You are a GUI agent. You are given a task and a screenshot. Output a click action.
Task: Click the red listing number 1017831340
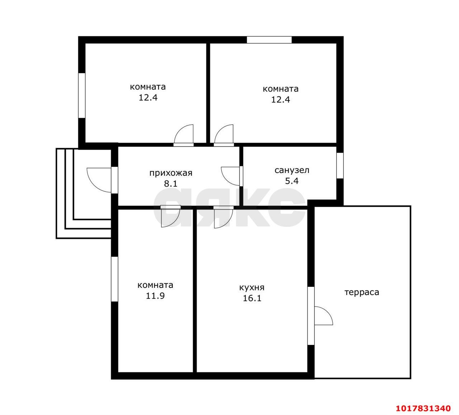point(423,408)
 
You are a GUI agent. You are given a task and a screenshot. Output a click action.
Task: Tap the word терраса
point(361,292)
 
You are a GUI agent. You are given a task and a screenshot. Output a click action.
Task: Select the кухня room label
point(252,288)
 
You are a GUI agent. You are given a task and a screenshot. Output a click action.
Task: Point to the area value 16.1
point(252,298)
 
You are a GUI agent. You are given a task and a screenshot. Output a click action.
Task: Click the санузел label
point(292,170)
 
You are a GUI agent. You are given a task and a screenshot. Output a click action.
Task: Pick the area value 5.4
point(292,181)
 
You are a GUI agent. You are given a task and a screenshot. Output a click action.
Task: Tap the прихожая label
point(171,173)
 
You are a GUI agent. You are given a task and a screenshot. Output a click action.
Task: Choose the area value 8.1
point(171,184)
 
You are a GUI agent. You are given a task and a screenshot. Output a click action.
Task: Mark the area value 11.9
point(155,296)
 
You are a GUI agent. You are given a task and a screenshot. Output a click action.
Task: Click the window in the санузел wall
point(340,165)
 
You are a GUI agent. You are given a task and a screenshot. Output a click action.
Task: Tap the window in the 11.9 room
point(114,279)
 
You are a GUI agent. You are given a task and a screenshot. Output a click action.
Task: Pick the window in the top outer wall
point(269,39)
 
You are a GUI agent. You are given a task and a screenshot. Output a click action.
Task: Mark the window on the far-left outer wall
point(82,96)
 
